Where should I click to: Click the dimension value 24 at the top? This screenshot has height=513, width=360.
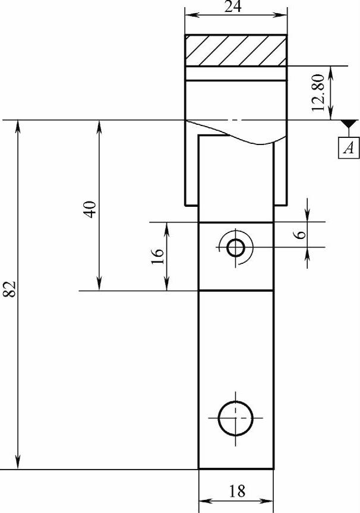[233, 6]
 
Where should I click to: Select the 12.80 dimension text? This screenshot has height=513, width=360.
[318, 93]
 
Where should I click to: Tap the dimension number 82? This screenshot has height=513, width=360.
[10, 289]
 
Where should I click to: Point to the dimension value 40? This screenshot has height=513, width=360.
[90, 209]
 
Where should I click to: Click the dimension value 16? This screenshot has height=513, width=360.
[157, 257]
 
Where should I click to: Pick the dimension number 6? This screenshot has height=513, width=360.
[301, 235]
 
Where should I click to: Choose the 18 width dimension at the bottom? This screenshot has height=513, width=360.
[236, 491]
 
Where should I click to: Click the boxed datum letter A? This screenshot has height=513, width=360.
[349, 148]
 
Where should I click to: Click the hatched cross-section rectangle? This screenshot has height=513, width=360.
[236, 51]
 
